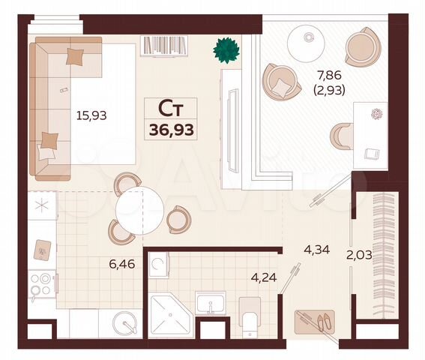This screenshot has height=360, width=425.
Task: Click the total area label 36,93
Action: pyautogui.click(x=172, y=130)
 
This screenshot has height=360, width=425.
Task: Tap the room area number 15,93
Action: pyautogui.click(x=88, y=115)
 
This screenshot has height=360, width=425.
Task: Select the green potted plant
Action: pyautogui.click(x=226, y=50)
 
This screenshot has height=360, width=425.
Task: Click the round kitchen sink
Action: pyautogui.click(x=125, y=324)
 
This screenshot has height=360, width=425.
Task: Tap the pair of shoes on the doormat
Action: pyautogui.click(x=324, y=323)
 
